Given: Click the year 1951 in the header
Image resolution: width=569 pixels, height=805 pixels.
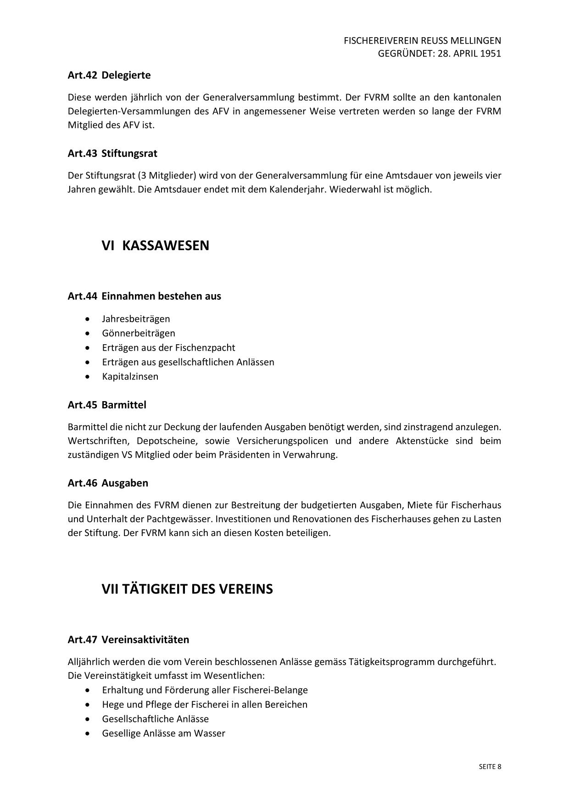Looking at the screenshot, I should [491, 53].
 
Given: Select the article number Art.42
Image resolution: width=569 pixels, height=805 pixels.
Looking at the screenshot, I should [82, 75].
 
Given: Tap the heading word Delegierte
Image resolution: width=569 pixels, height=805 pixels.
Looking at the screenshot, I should [126, 75].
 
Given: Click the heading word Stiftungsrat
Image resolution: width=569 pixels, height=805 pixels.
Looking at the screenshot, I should [129, 153].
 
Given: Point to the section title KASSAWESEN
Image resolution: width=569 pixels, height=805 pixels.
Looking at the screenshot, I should [166, 246].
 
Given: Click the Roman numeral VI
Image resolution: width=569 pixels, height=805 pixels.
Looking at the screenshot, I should [107, 246].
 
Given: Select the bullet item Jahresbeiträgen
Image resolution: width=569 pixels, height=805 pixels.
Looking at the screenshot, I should [136, 319].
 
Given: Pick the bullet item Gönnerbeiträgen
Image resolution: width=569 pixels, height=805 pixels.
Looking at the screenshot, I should [139, 333].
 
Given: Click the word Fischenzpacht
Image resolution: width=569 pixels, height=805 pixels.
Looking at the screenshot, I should [205, 347].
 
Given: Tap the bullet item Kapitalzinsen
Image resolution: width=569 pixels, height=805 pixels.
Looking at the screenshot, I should [130, 376].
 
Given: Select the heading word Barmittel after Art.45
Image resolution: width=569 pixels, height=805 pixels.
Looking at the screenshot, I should [124, 405].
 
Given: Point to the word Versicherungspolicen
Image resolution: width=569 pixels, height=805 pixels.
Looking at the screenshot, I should [282, 441].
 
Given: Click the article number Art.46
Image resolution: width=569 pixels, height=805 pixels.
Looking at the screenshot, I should [82, 483].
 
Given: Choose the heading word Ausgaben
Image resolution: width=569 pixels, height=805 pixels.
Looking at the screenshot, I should [125, 483].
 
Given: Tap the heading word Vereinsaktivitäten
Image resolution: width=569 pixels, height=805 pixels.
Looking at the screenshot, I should [145, 639].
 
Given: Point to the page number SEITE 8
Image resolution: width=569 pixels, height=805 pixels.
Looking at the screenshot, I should [490, 766].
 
